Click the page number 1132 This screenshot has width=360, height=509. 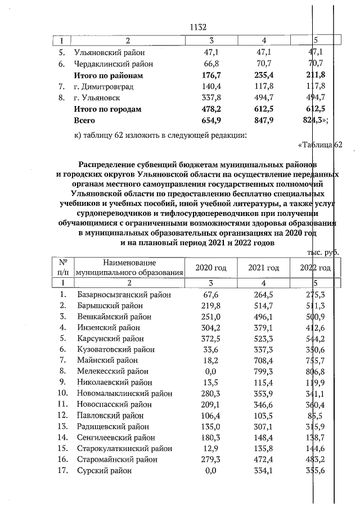coord(200,26)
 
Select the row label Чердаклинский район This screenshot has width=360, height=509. coord(113,64)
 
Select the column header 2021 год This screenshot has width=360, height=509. coord(264,268)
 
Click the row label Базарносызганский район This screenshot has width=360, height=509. coord(120,294)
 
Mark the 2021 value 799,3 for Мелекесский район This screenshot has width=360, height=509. coord(264,371)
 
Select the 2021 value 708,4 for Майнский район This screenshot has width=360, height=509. coord(264,360)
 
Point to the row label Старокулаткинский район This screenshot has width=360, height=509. coord(122,448)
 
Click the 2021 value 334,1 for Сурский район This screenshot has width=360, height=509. coord(264,470)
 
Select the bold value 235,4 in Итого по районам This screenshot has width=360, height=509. coord(264,75)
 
